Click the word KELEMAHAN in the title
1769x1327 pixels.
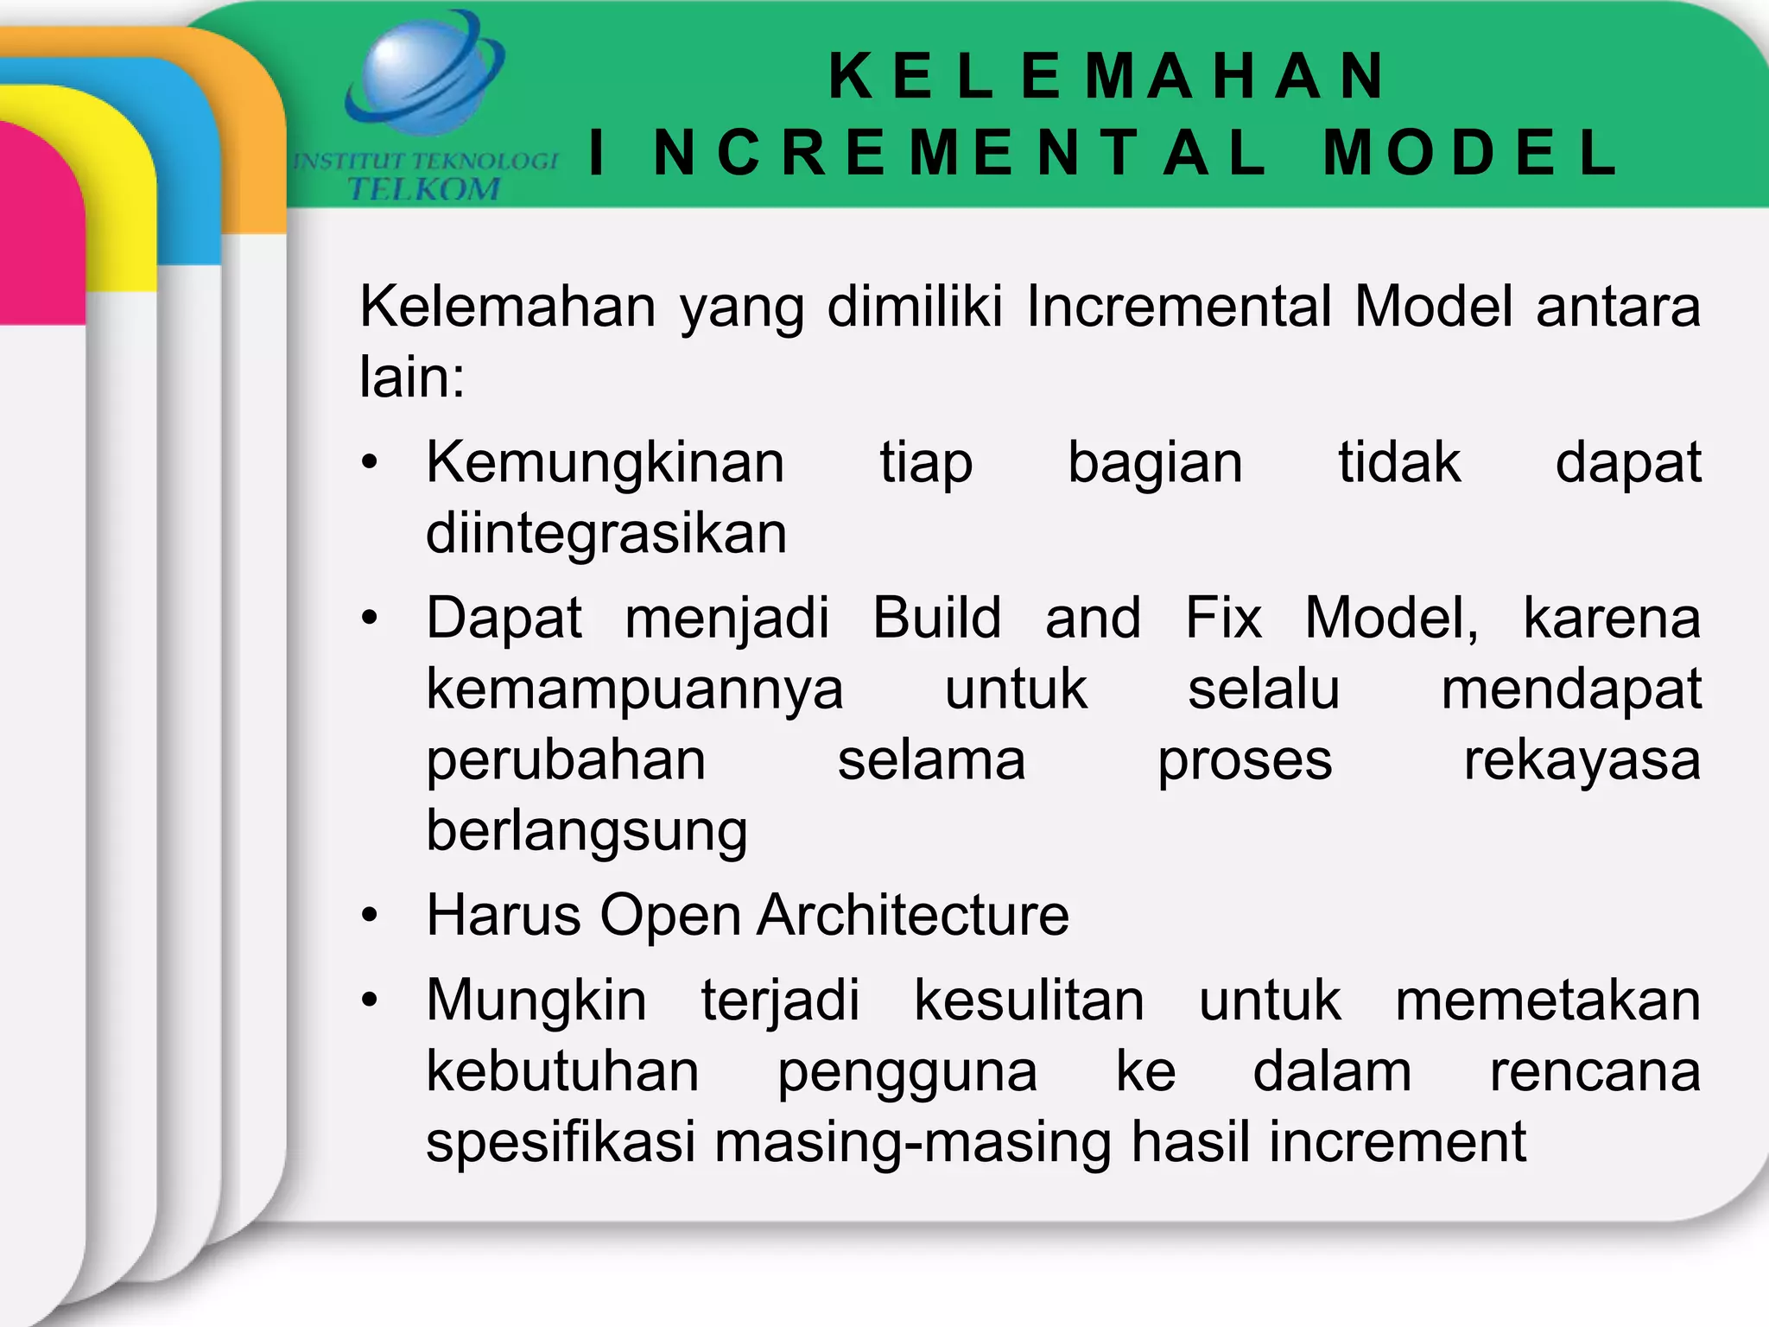click(1107, 76)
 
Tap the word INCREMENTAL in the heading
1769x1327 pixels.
click(928, 153)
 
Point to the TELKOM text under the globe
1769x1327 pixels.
click(423, 188)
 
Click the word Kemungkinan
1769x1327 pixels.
click(606, 463)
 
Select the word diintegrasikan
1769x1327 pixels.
click(606, 534)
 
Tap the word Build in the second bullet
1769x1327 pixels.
click(937, 619)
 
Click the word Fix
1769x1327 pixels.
click(1223, 619)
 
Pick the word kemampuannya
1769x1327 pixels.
click(635, 690)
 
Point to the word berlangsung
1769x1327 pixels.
click(586, 832)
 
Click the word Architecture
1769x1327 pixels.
click(913, 915)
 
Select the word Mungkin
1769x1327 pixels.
click(536, 1001)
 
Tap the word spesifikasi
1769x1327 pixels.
click(561, 1142)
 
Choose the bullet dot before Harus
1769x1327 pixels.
click(370, 915)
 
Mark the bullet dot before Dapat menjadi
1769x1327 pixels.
click(370, 619)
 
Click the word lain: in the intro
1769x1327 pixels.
click(412, 378)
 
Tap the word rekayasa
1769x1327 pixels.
click(1582, 761)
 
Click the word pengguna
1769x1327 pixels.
click(907, 1073)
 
